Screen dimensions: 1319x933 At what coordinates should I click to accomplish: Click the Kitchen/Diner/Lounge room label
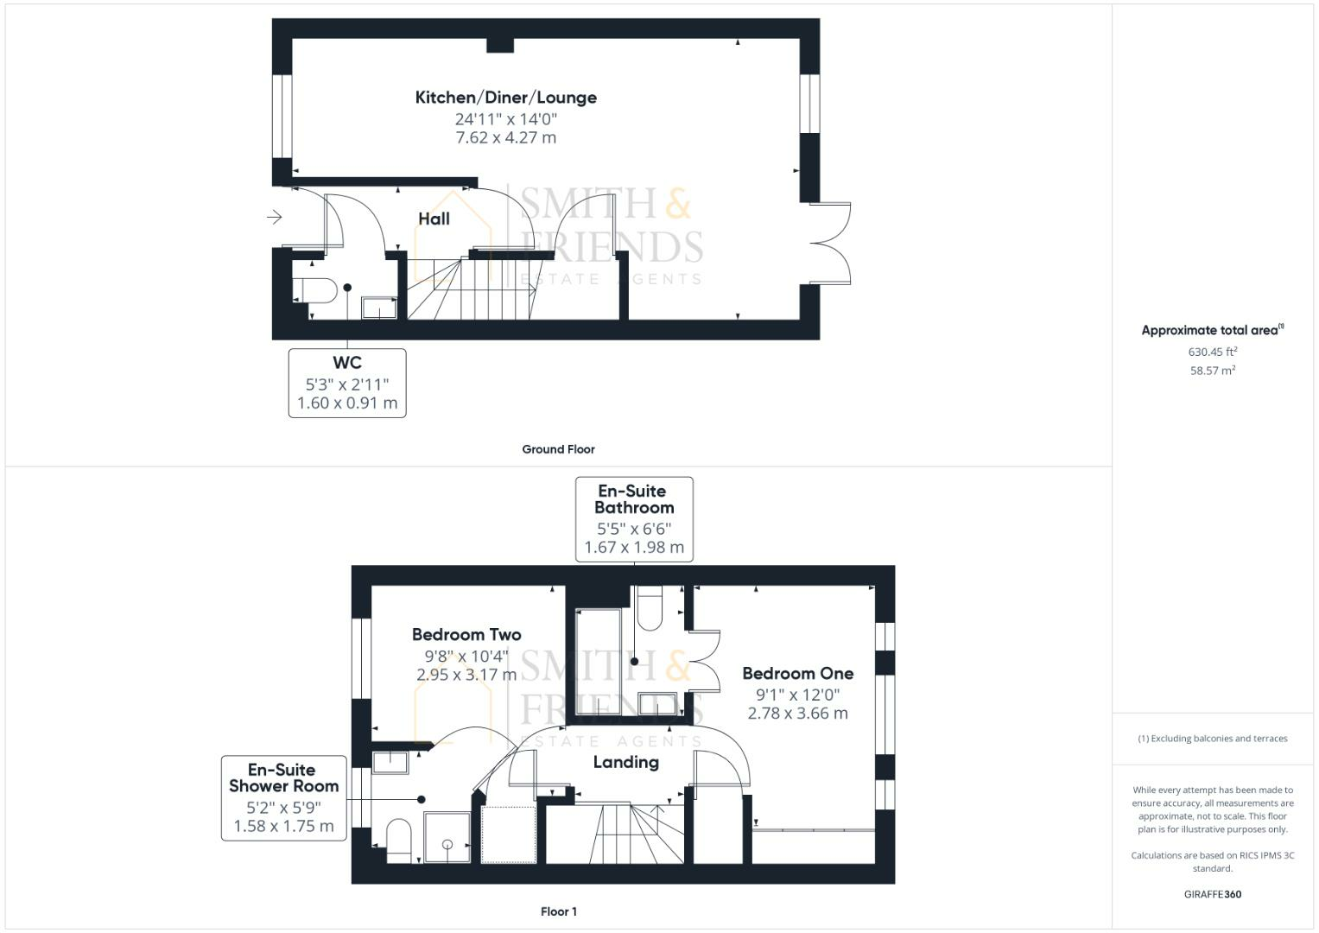click(x=506, y=98)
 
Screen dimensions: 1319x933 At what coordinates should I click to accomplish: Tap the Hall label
click(x=434, y=219)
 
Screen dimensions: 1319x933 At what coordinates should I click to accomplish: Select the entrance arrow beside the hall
click(x=275, y=218)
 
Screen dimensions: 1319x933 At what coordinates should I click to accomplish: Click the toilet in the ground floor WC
click(x=315, y=290)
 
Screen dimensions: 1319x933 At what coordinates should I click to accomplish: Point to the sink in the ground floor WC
click(x=379, y=308)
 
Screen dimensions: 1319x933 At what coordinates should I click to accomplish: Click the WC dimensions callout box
click(x=347, y=384)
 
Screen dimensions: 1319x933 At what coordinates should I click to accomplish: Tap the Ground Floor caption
click(x=558, y=449)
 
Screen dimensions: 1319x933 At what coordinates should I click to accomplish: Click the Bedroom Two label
click(x=466, y=635)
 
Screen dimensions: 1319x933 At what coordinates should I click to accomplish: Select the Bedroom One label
click(x=798, y=673)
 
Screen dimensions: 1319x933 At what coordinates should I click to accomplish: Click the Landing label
click(x=626, y=762)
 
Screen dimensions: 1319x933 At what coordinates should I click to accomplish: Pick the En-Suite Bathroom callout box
click(x=634, y=519)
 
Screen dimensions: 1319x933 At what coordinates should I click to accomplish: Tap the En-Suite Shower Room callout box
click(x=284, y=798)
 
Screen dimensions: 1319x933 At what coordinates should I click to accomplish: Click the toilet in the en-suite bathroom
click(x=649, y=608)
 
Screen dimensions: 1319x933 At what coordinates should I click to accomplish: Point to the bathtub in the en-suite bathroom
click(x=598, y=662)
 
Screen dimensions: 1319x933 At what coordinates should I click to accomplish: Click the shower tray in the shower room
click(x=447, y=838)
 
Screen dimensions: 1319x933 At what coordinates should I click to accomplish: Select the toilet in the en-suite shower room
click(x=399, y=841)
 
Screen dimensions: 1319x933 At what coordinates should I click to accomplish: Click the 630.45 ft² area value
click(x=1213, y=352)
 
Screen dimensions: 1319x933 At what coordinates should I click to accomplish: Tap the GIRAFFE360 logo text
click(x=1213, y=894)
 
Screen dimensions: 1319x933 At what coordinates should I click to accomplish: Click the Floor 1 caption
click(x=559, y=911)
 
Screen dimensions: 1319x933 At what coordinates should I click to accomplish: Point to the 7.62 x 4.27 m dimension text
click(x=506, y=138)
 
